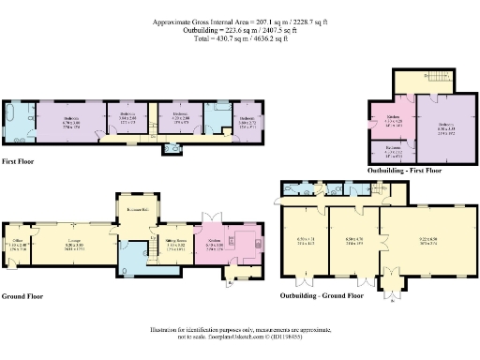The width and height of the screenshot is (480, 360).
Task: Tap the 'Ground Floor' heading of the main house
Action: click(x=23, y=295)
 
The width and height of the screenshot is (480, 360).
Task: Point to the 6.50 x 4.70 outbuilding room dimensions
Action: click(x=354, y=242)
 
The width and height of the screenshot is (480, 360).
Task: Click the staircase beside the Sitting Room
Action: click(x=150, y=253)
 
